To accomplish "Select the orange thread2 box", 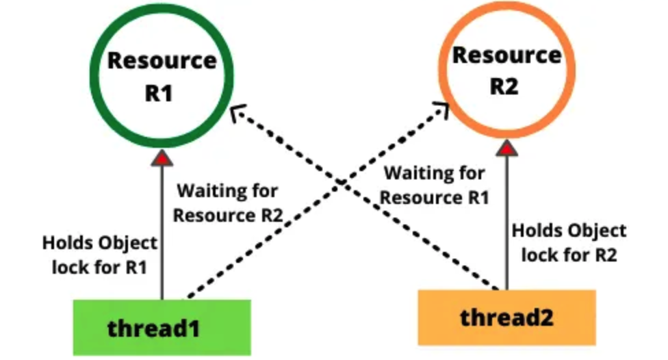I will point(506,317).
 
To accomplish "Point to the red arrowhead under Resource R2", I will point(506,147).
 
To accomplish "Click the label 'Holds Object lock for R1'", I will point(100,255).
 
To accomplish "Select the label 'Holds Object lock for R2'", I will point(569,242).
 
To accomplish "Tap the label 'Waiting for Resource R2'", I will point(228,202).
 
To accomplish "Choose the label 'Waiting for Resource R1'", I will point(435,185).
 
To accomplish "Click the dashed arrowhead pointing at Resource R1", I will point(235,112).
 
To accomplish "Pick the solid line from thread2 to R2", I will point(506,219).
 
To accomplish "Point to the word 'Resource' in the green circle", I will point(162,61).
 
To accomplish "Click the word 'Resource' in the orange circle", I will point(506,55).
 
